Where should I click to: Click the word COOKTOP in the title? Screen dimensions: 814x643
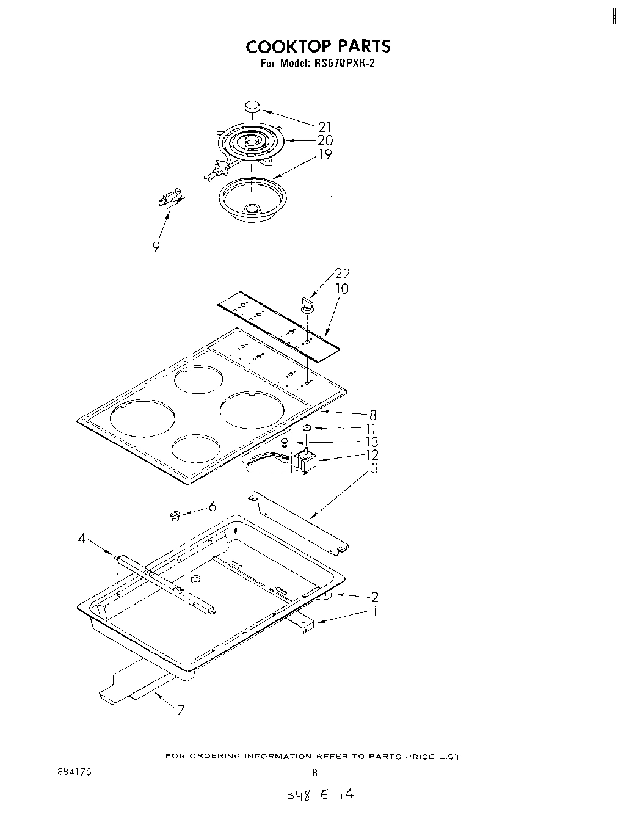(283, 46)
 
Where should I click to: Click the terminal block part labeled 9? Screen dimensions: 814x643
(170, 200)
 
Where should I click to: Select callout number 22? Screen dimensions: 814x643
(342, 274)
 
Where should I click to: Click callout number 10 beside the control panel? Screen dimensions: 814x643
(342, 288)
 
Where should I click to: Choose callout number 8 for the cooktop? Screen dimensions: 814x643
(372, 415)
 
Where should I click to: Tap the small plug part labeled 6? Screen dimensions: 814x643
(175, 517)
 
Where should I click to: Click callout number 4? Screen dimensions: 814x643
(81, 538)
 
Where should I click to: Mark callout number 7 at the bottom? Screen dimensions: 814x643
(180, 710)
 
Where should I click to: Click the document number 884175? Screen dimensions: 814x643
(73, 772)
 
